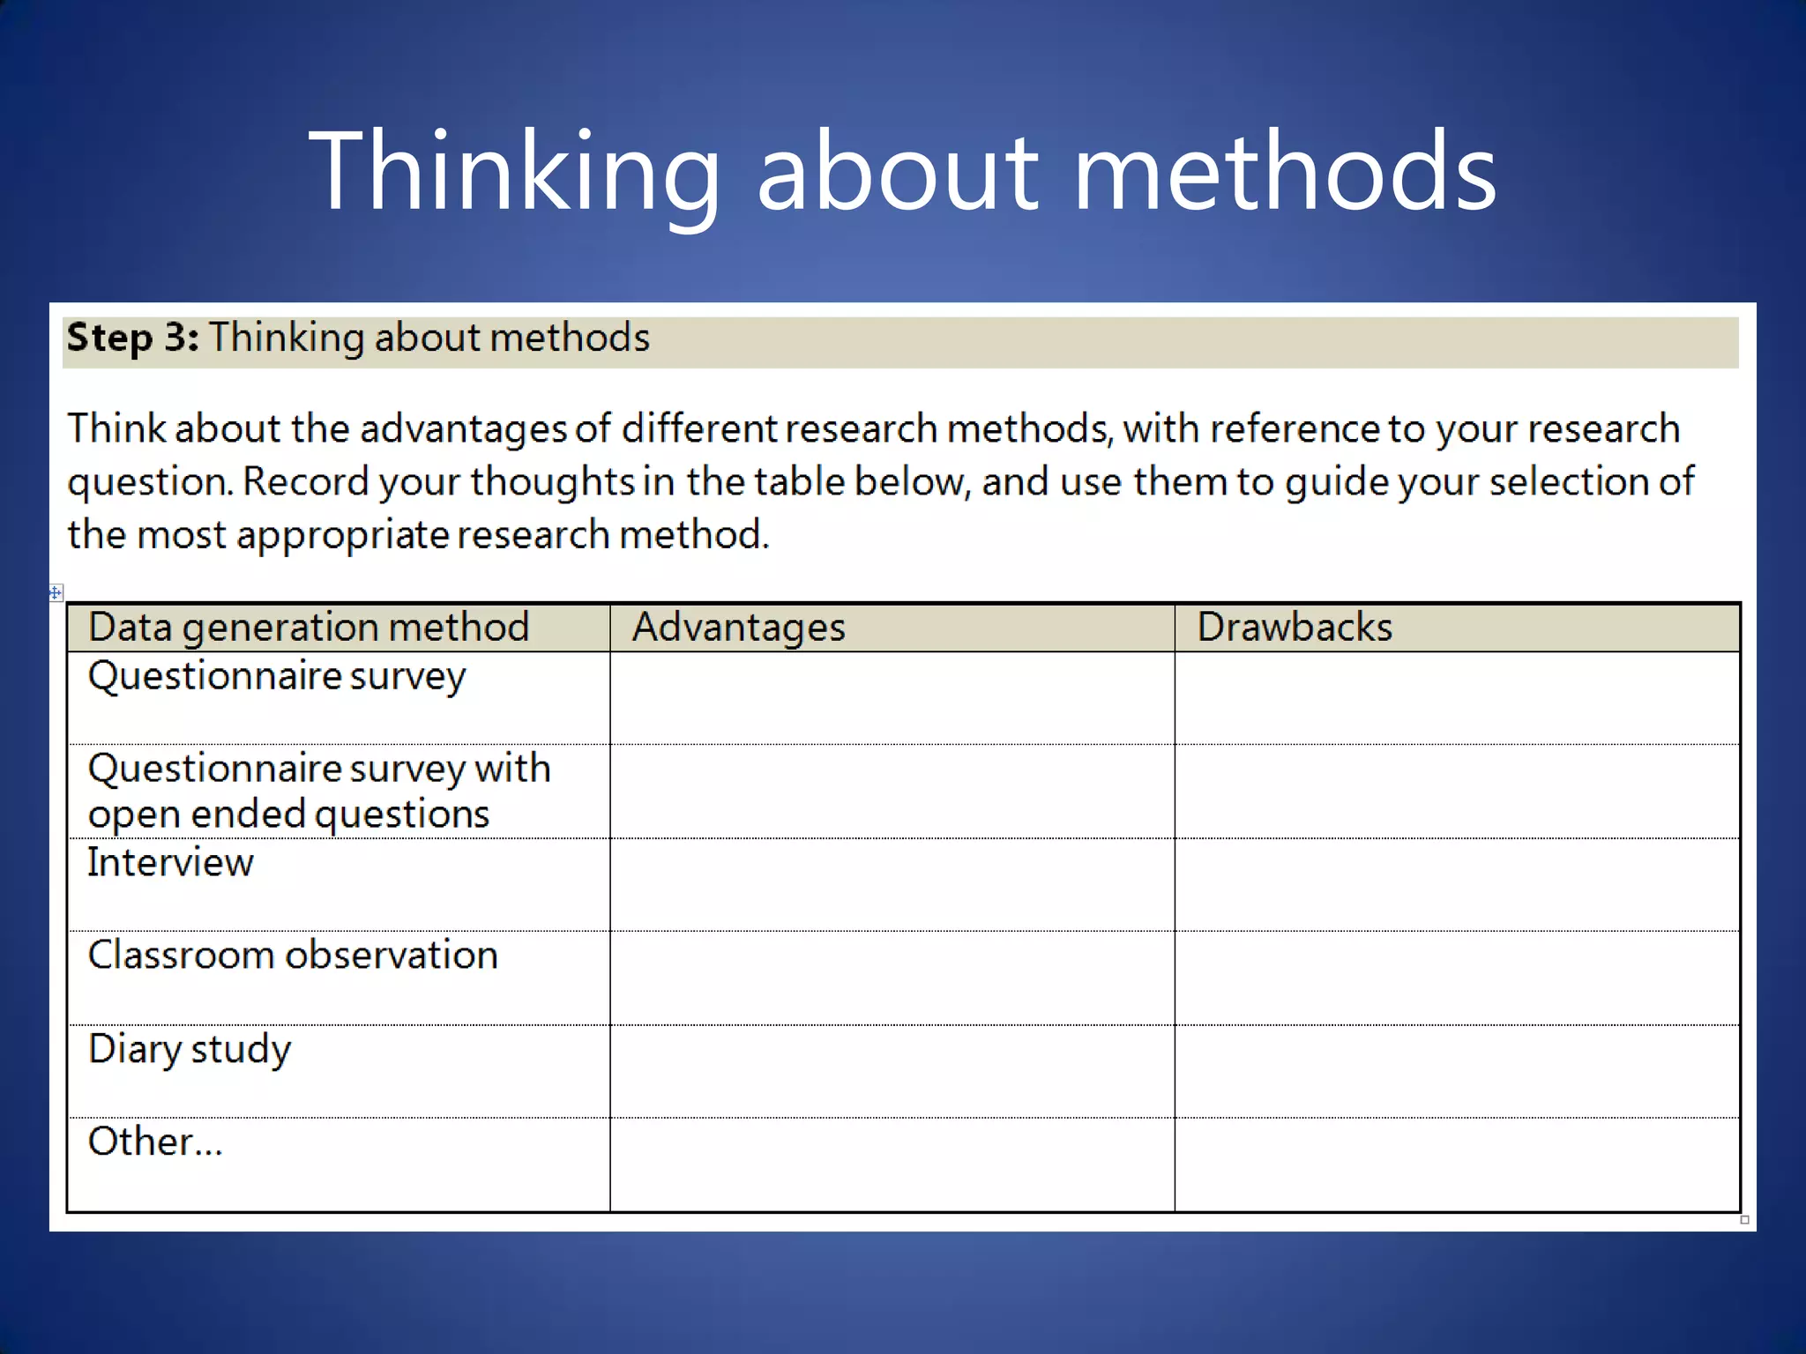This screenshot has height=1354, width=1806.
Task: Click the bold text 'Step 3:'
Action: coord(132,338)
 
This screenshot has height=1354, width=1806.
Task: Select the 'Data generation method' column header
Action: coord(309,628)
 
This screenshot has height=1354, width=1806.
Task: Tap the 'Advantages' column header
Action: coord(739,628)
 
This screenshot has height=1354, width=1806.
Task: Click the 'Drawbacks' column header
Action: coord(1295,628)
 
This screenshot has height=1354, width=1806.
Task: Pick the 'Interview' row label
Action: coord(170,862)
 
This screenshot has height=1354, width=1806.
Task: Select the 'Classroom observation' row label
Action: coord(293,956)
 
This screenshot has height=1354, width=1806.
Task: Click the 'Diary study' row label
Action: coord(190,1049)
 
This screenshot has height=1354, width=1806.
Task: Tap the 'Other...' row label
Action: coord(155,1142)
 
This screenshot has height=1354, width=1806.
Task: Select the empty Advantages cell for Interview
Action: coord(892,884)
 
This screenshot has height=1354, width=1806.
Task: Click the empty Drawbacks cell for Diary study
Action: coord(1457,1071)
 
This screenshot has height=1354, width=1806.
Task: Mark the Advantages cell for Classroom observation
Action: coord(892,978)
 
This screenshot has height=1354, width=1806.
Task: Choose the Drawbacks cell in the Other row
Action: coord(1457,1164)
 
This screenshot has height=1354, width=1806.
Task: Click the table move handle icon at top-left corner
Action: coord(56,592)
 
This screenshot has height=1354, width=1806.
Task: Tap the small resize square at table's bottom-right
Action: coord(1744,1220)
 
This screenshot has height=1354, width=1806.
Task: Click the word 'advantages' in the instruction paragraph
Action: coord(462,429)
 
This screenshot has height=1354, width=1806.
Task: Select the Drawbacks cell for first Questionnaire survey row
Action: coord(1457,698)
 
